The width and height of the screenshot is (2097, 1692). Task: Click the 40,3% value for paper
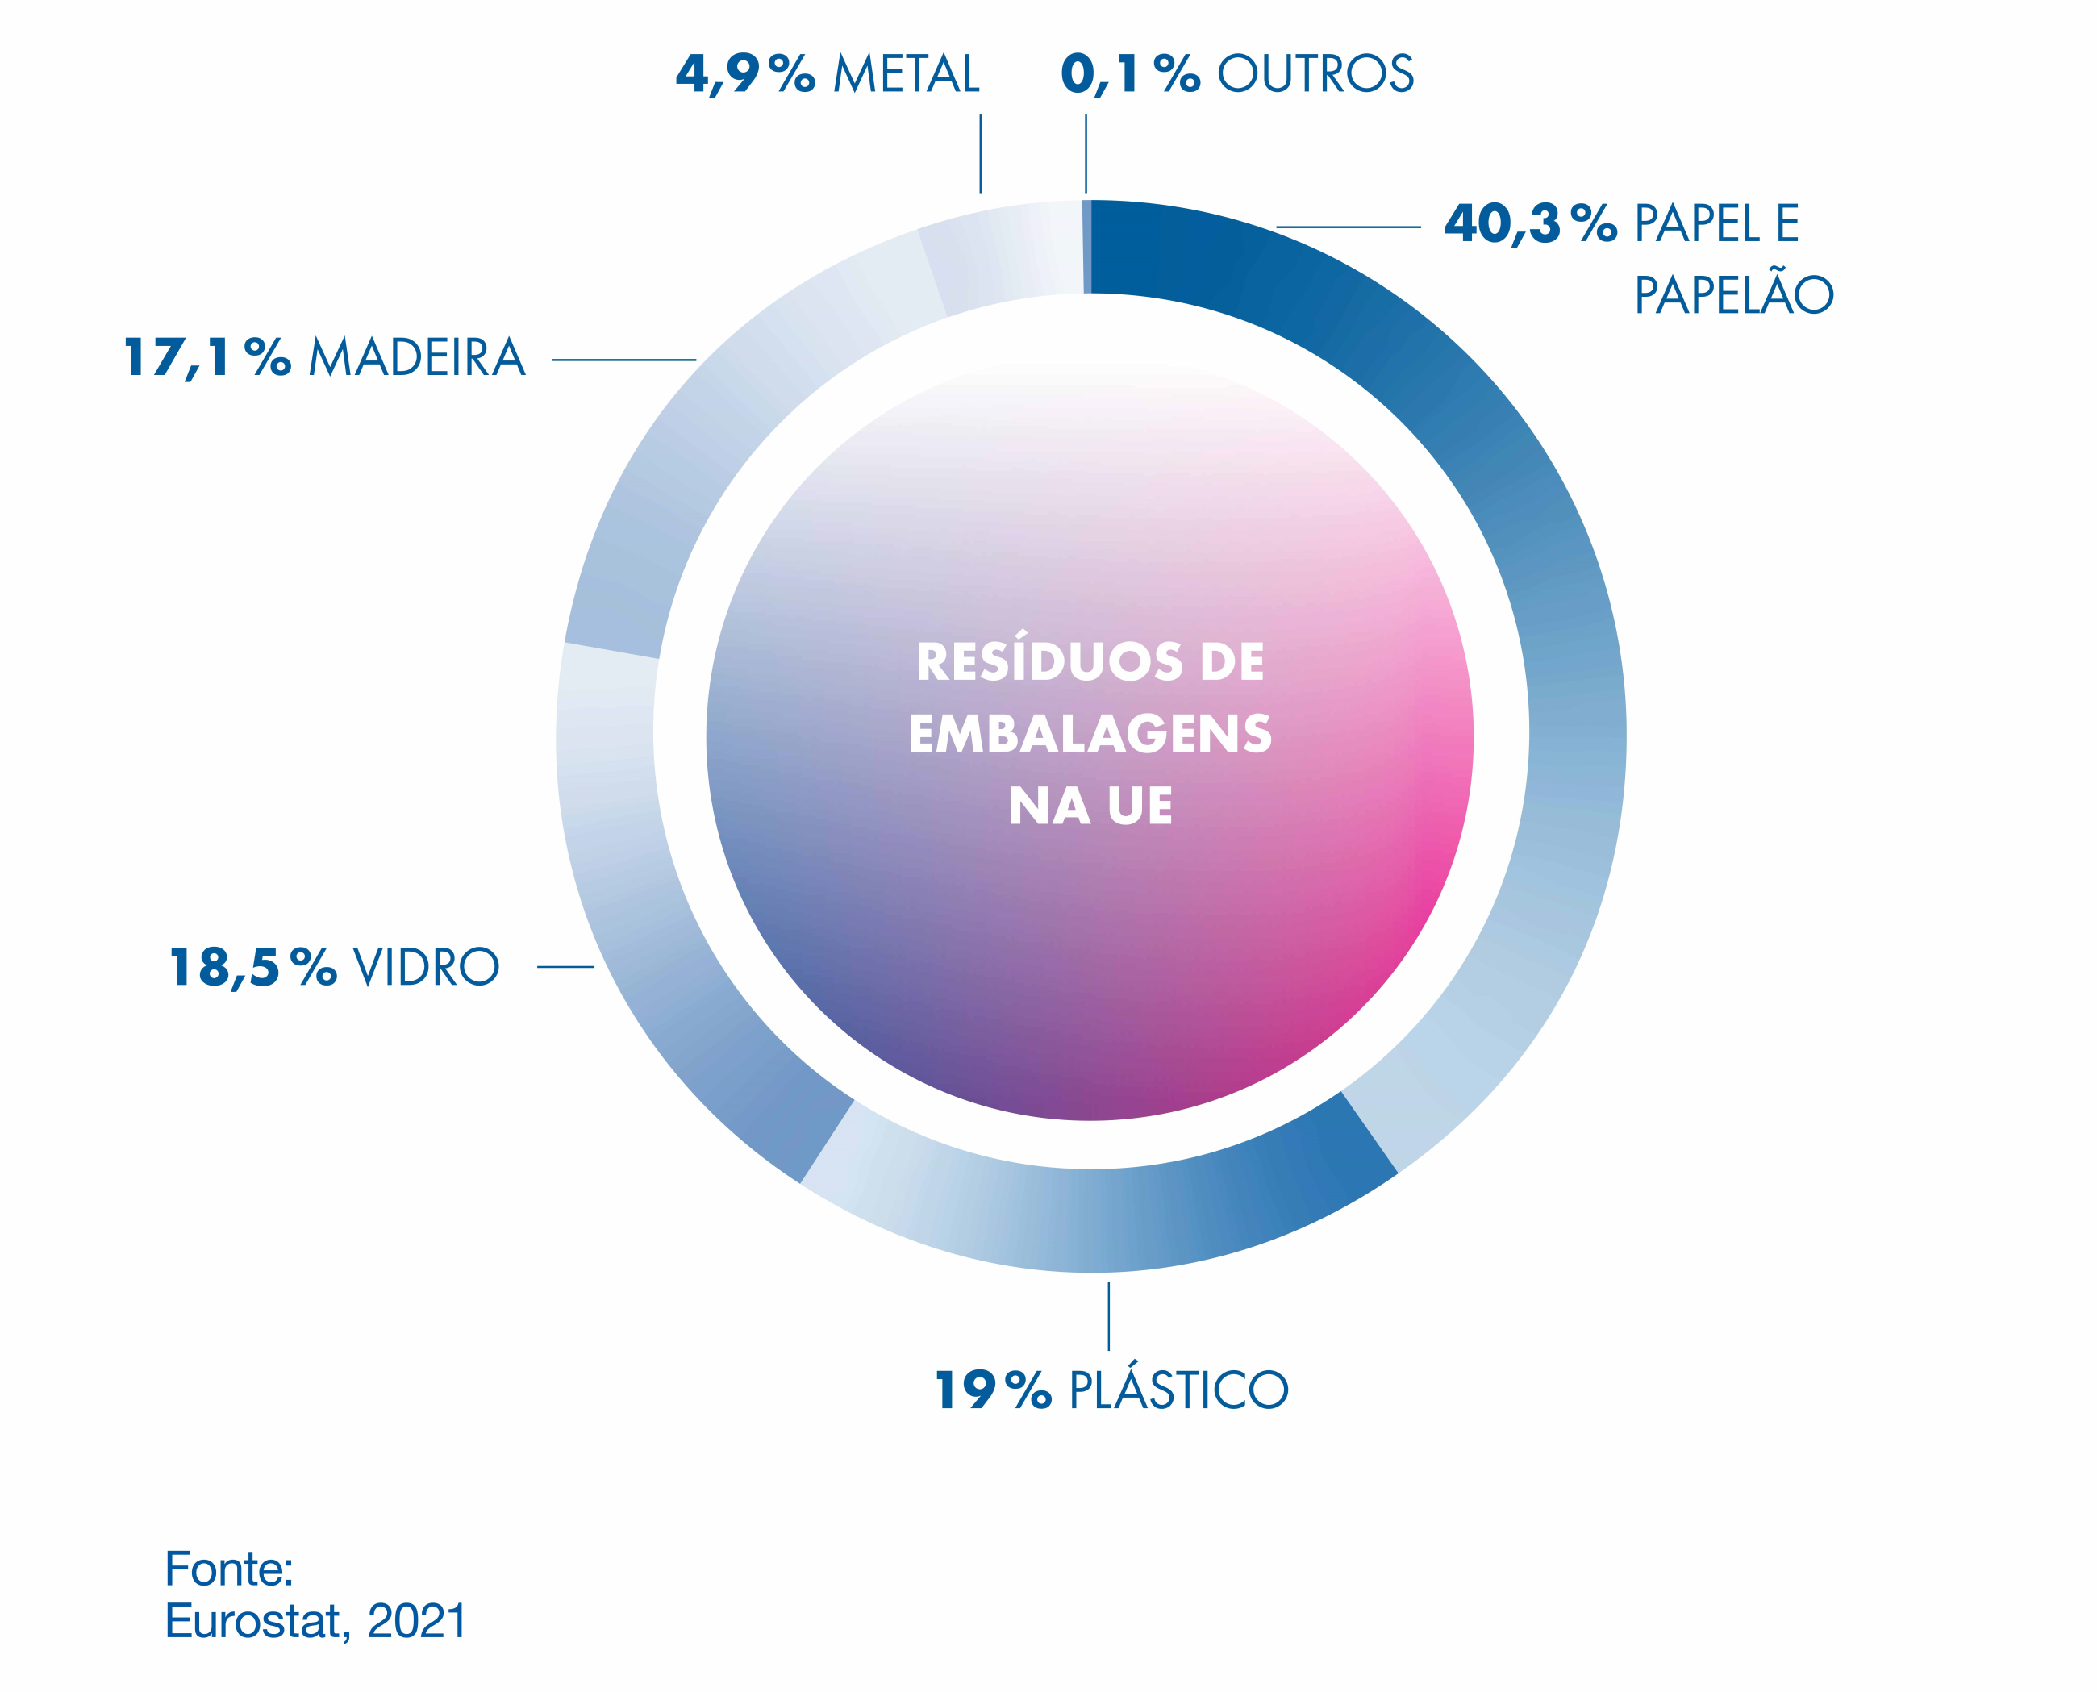coord(1529,224)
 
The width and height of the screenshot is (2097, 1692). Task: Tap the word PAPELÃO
coord(1733,295)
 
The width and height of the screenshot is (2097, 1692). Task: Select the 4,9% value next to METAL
coord(745,74)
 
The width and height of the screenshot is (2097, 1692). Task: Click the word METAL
coord(907,74)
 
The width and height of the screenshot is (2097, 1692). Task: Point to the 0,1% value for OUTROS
coord(1129,74)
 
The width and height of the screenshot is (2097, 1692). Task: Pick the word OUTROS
coord(1315,74)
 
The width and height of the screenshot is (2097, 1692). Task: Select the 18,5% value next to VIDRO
coord(252,968)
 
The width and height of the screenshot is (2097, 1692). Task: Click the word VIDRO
coord(426,968)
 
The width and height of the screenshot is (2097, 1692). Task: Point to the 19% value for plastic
coord(993,1390)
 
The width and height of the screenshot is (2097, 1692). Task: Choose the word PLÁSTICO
coord(1178,1390)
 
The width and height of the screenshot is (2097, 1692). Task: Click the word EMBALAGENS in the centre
coord(1090,734)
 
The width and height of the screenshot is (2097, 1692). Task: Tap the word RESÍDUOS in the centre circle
coord(1048,662)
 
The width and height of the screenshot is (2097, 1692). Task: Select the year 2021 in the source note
coord(417,1621)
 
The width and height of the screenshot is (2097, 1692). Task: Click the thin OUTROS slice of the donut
coord(1086,247)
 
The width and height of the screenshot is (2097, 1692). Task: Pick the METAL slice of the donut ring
coord(1003,256)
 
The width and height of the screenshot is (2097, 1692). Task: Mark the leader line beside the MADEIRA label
coord(623,360)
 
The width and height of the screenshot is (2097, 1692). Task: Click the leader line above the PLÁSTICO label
coord(1109,1316)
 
